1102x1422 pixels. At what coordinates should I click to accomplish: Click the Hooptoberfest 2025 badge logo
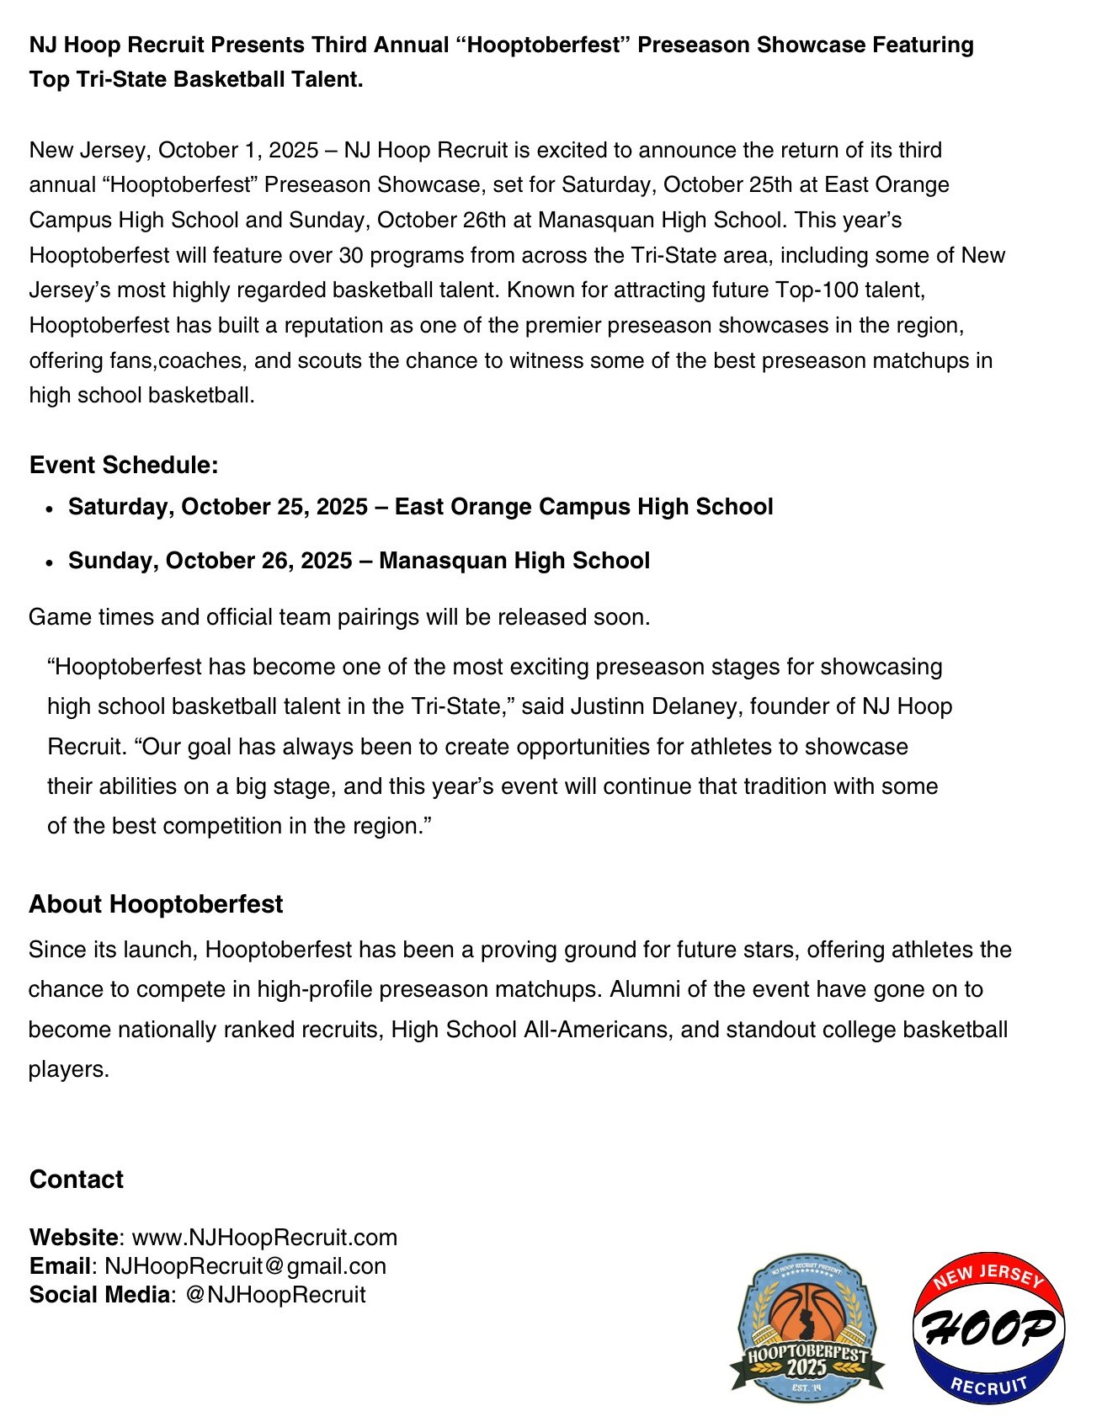point(807,1328)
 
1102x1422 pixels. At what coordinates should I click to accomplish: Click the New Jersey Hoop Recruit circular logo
point(989,1327)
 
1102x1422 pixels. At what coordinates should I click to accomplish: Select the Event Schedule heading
point(124,465)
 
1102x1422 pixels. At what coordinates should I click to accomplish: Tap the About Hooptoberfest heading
point(156,904)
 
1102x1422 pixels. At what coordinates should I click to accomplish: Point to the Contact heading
point(77,1180)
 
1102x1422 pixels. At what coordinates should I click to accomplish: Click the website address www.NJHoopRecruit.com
point(264,1238)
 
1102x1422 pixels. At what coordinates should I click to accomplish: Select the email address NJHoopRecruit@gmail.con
point(245,1266)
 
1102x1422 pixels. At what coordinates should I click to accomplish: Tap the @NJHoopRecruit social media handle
point(275,1295)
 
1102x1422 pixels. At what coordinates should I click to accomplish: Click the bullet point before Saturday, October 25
point(51,509)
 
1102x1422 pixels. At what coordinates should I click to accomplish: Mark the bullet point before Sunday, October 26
point(51,562)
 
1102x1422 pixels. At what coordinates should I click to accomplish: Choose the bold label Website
point(74,1238)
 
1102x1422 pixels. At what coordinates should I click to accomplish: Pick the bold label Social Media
point(99,1295)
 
